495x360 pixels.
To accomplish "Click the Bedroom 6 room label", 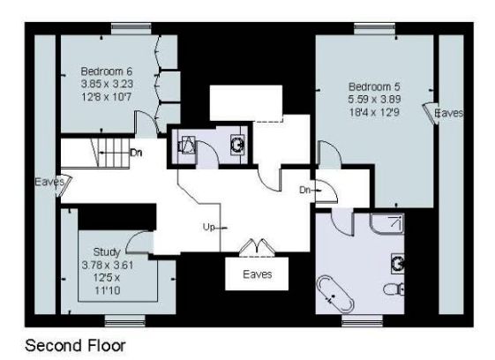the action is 107,71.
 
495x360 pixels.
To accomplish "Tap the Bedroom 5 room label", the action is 374,86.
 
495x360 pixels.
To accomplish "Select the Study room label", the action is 107,252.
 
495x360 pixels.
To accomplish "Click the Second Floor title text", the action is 75,346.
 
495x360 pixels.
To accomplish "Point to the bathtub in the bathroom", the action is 335,293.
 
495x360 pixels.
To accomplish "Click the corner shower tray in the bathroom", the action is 387,223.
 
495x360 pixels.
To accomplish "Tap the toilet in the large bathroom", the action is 394,289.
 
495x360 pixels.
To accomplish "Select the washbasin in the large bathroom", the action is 398,263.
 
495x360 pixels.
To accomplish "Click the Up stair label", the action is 208,227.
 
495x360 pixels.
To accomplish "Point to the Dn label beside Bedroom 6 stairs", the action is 136,153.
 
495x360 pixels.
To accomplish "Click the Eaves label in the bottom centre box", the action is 258,274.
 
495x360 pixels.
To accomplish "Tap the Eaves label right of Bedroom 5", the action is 449,113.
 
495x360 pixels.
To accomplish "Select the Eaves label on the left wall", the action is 49,182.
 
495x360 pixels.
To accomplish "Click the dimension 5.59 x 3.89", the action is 374,100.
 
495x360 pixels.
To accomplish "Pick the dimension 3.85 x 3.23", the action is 107,84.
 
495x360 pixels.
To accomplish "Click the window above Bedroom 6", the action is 131,29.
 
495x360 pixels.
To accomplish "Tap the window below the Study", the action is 125,320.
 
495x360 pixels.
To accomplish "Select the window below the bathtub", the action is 362,320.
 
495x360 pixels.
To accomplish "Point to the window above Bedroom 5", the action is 375,29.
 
